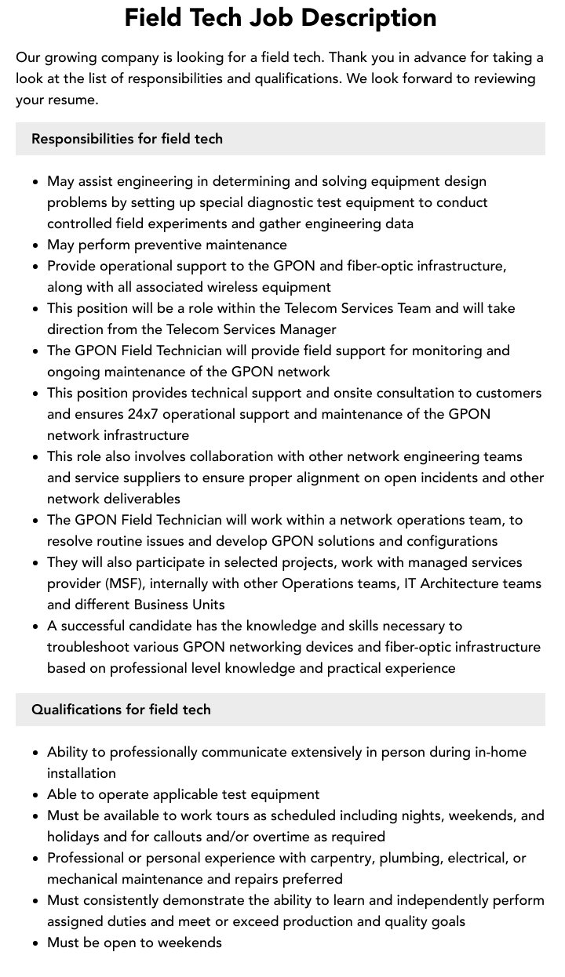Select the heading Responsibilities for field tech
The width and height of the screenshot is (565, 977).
(x=127, y=139)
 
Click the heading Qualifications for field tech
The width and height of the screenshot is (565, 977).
(x=121, y=710)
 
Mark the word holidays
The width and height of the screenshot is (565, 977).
(x=74, y=837)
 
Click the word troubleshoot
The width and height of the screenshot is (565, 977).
(x=88, y=647)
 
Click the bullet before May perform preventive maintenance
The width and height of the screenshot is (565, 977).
(x=36, y=245)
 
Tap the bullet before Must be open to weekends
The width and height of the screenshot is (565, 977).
(x=36, y=943)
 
